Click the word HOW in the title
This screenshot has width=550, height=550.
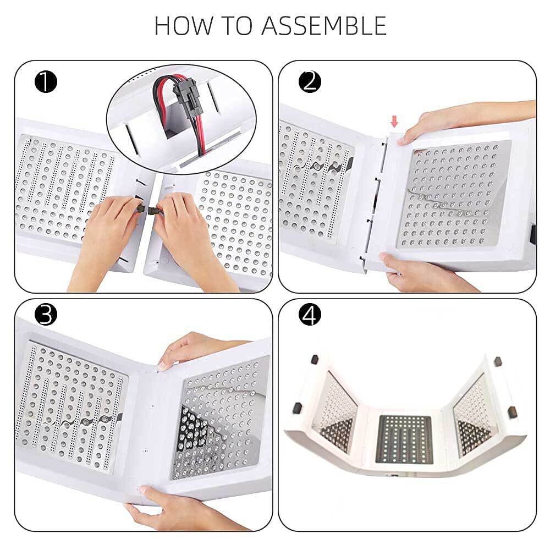(184, 26)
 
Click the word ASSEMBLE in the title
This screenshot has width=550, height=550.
(324, 26)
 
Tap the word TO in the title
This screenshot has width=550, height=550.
(238, 26)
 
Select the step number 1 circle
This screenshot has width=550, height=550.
(46, 82)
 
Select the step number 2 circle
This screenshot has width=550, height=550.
(310, 82)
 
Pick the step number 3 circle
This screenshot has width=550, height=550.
(46, 314)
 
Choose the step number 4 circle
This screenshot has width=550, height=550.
(310, 314)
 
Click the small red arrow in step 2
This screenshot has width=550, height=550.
(394, 122)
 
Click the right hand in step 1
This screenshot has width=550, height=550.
(189, 239)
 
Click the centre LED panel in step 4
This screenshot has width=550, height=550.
(404, 439)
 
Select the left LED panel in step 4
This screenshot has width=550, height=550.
(334, 412)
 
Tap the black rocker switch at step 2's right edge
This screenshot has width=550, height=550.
(533, 234)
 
